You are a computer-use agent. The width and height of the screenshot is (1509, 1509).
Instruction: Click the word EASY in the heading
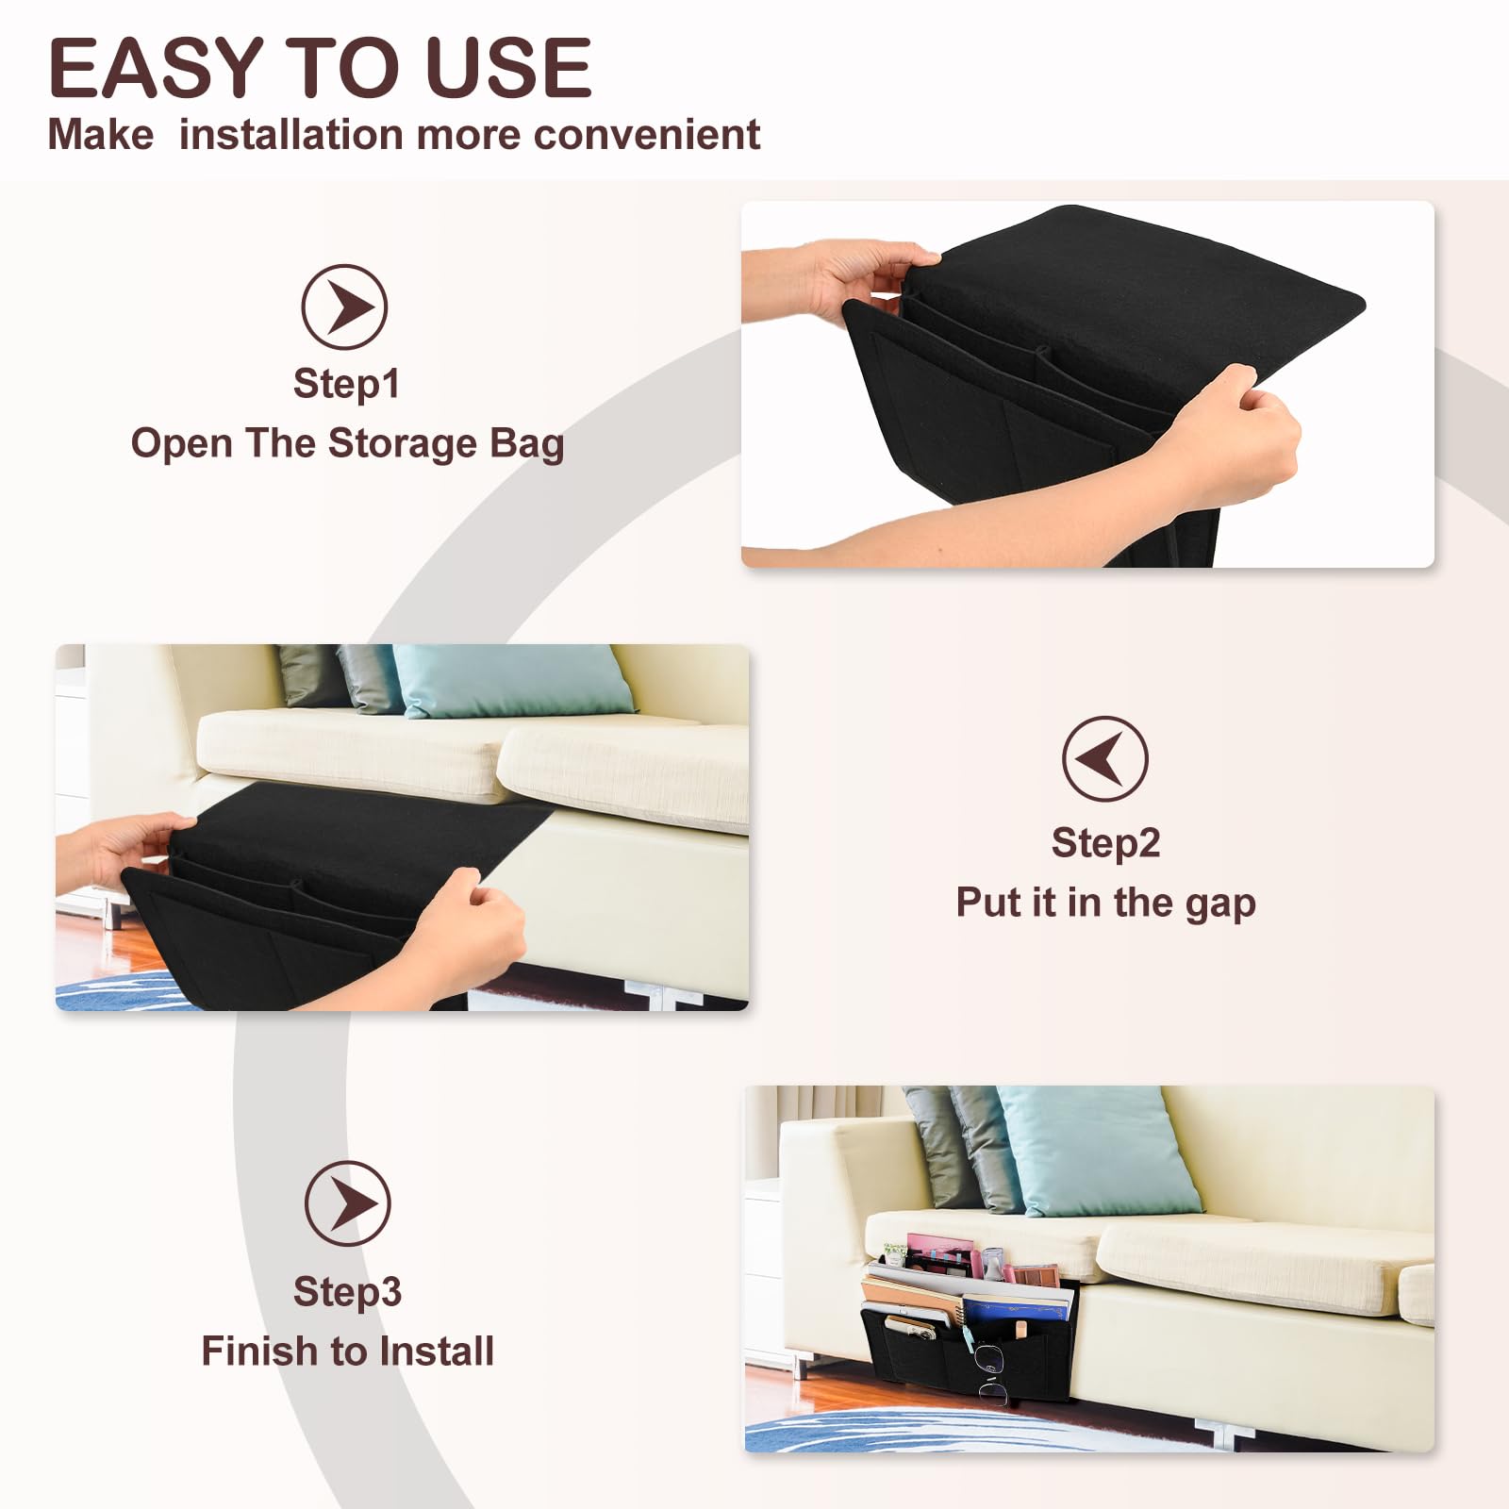156,68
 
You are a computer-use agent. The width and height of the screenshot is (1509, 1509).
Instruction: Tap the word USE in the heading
508,68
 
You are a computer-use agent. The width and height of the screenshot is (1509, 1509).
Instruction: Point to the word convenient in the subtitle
646,134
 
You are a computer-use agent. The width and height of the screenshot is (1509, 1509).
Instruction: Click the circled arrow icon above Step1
344,307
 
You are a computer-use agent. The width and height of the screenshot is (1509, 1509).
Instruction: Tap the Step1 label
347,384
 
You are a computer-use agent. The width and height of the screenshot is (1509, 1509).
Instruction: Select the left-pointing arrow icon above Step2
1104,758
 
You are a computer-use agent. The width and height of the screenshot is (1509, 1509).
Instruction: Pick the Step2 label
1105,842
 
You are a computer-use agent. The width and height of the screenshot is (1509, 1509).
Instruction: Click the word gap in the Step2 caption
1220,904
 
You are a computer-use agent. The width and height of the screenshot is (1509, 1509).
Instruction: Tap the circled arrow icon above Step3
347,1203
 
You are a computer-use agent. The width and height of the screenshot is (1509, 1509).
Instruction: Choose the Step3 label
347,1291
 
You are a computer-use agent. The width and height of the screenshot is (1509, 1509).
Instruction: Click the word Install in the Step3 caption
437,1351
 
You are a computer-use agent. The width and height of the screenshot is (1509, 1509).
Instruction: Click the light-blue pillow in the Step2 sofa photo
510,681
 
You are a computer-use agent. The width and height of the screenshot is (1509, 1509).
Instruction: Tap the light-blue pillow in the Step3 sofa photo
1099,1151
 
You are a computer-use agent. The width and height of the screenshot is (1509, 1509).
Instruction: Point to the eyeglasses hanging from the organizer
990,1373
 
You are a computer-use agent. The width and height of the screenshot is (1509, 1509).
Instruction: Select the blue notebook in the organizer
1019,1307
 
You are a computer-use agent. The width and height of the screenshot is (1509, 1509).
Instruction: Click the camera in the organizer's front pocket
911,1328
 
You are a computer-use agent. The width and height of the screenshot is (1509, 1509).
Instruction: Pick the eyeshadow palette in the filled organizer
1036,1274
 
